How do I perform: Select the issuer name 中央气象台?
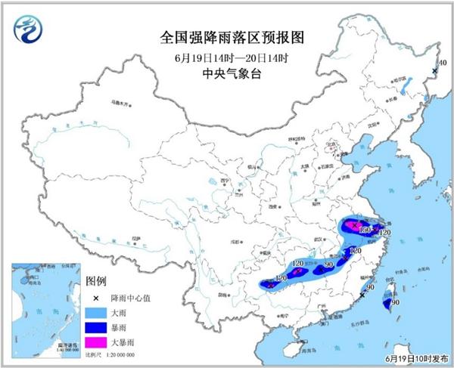(226, 73)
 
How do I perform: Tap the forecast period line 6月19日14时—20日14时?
(226, 57)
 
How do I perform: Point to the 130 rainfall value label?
(365, 230)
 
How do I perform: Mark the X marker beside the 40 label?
(434, 71)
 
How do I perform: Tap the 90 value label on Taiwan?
(395, 302)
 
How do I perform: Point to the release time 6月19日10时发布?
(415, 359)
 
